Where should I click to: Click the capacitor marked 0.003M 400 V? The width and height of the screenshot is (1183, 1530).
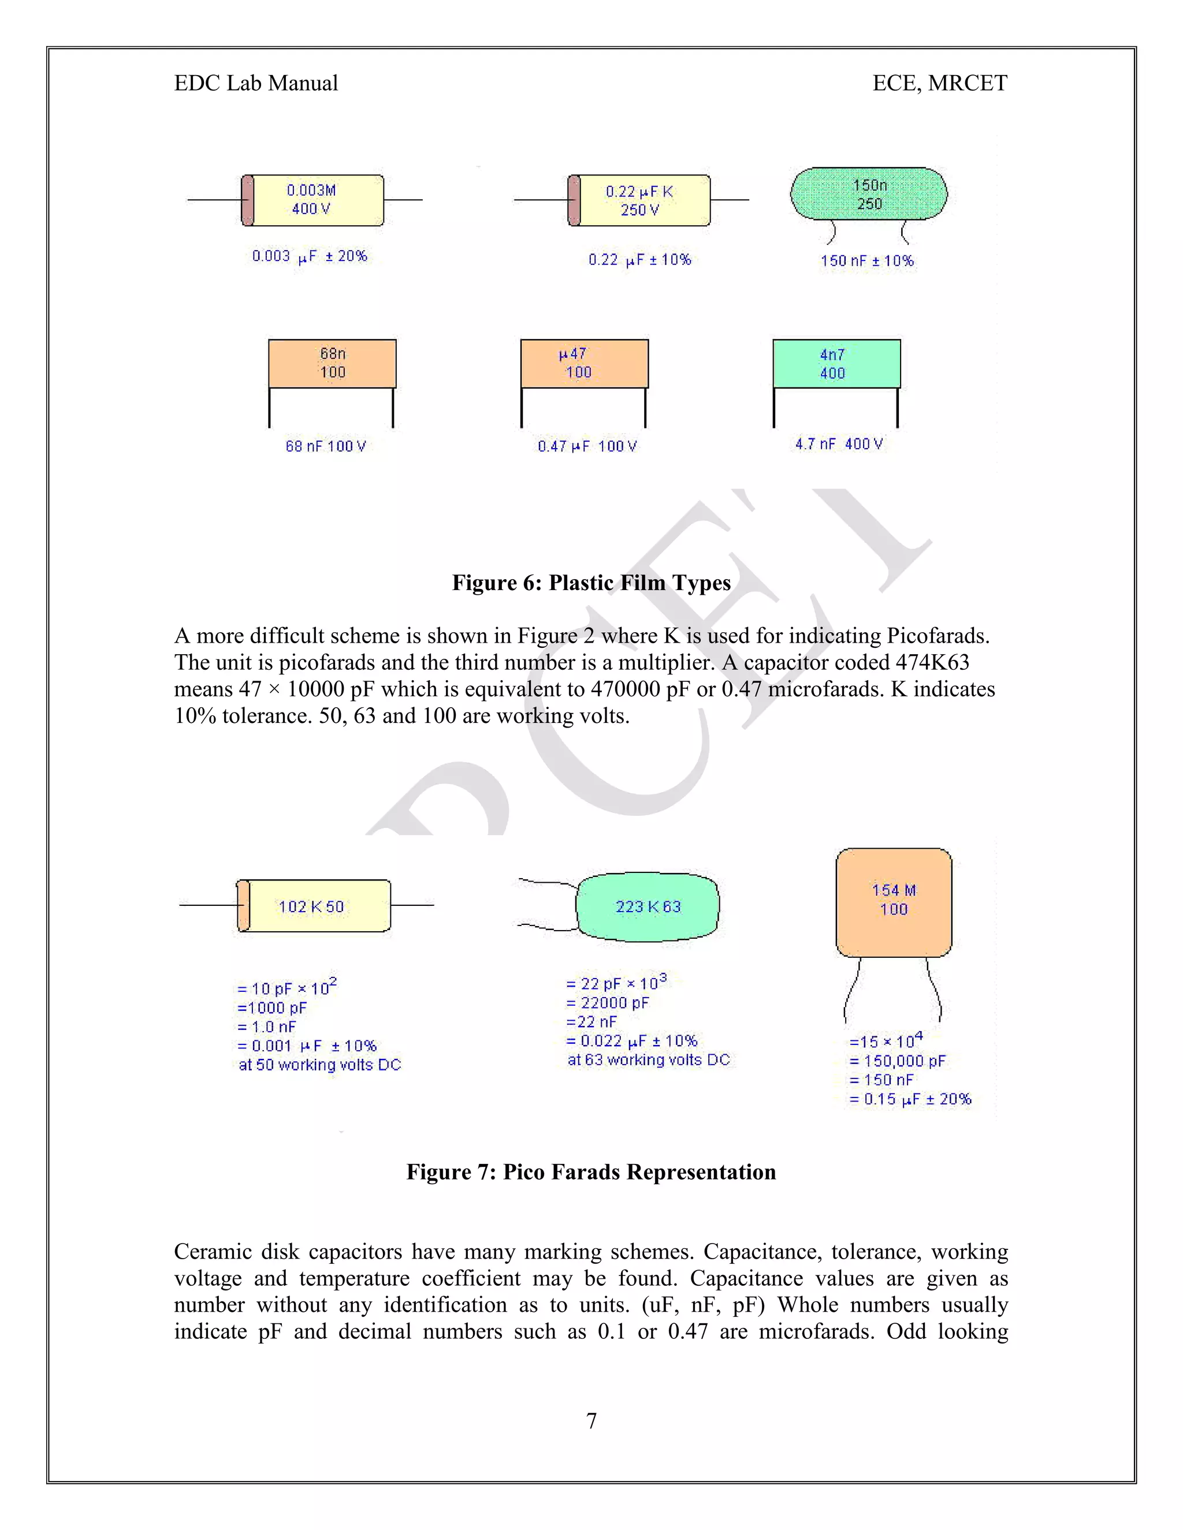[313, 200]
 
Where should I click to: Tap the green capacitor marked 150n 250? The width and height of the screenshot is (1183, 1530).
[868, 194]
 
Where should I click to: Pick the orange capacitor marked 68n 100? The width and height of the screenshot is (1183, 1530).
[332, 364]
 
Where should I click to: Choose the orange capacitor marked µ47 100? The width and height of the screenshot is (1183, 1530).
[585, 364]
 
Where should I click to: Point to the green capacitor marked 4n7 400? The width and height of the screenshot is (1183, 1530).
[836, 364]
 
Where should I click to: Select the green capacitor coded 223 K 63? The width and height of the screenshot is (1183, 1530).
[648, 906]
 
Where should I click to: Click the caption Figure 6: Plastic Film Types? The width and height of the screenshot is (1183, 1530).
[591, 583]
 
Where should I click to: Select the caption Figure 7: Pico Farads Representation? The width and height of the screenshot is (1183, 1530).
[591, 1172]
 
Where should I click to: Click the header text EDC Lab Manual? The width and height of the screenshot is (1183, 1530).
[256, 83]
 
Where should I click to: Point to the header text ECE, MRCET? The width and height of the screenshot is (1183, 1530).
[939, 83]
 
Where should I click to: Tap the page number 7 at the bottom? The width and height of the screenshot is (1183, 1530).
[591, 1421]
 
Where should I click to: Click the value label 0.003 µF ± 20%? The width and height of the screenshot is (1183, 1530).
[309, 256]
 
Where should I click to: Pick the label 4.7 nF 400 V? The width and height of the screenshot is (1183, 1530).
[838, 444]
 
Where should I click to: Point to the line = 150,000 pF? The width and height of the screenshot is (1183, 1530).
[897, 1061]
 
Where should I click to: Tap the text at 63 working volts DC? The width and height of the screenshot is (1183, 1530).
[648, 1060]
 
